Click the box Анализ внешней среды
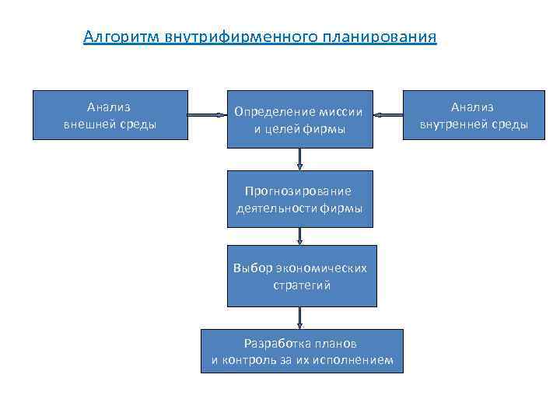pyautogui.click(x=110, y=115)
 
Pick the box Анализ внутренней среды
pyautogui.click(x=474, y=115)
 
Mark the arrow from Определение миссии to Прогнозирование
pyautogui.click(x=299, y=159)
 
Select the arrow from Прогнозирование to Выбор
pyautogui.click(x=299, y=236)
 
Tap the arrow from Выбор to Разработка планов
pyautogui.click(x=300, y=317)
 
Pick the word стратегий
pyautogui.click(x=302, y=285)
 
